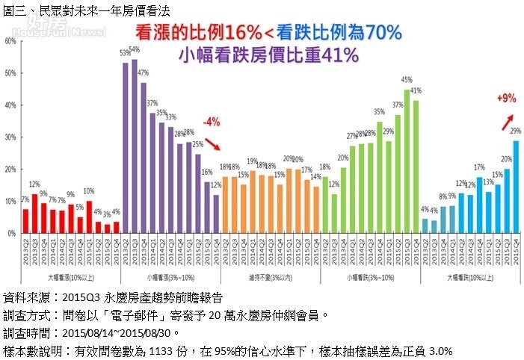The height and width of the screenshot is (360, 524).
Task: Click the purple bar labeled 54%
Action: pos(135,146)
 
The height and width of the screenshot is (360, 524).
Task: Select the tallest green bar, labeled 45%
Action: pos(407,161)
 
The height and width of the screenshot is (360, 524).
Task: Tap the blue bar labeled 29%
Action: pos(516,187)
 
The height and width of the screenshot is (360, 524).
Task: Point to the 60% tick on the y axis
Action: pos(10,41)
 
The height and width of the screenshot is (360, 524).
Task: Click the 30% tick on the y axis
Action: pos(10,137)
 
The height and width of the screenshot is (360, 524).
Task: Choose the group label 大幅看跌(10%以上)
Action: pos(469,278)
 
